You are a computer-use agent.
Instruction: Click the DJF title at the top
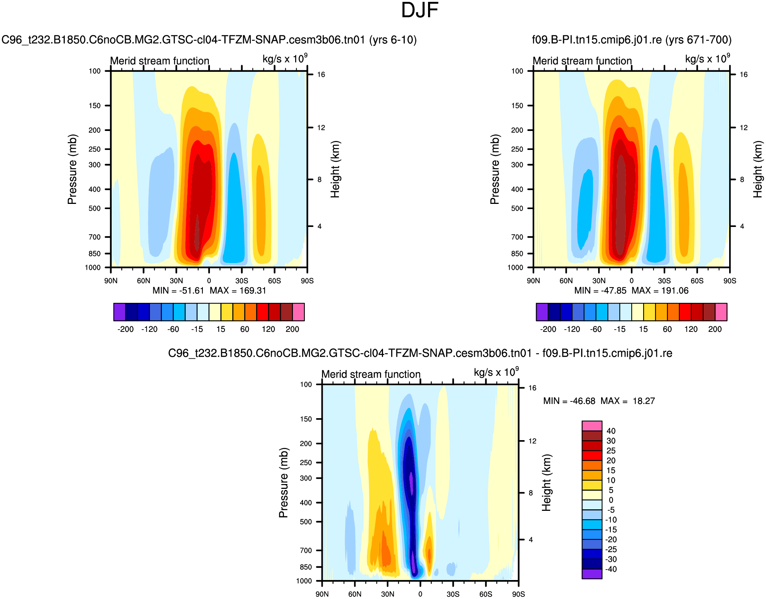tap(419, 10)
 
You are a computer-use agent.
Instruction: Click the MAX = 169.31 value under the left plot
tap(238, 291)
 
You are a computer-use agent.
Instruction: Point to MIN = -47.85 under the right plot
tap(600, 291)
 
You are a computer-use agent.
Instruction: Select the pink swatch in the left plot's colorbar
tap(299, 312)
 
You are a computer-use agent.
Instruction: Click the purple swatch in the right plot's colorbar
tap(542, 312)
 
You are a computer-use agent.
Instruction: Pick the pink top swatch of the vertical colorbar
tap(592, 426)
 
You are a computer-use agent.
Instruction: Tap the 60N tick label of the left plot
tap(144, 281)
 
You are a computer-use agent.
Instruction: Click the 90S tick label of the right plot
tap(730, 281)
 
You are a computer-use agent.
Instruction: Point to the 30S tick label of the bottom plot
tap(453, 594)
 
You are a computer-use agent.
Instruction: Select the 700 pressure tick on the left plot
tap(95, 237)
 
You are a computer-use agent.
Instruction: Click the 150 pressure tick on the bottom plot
tap(306, 419)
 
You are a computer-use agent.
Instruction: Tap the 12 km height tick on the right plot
tap(743, 128)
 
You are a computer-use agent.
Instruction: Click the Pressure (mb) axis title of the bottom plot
tap(284, 483)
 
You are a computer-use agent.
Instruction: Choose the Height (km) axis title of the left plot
tap(335, 169)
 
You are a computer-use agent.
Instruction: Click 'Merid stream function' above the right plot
tap(582, 61)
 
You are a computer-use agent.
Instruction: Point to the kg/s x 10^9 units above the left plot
tap(285, 59)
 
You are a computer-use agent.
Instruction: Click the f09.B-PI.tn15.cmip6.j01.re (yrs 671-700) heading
tap(632, 40)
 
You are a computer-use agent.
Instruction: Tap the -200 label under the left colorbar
tap(125, 329)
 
